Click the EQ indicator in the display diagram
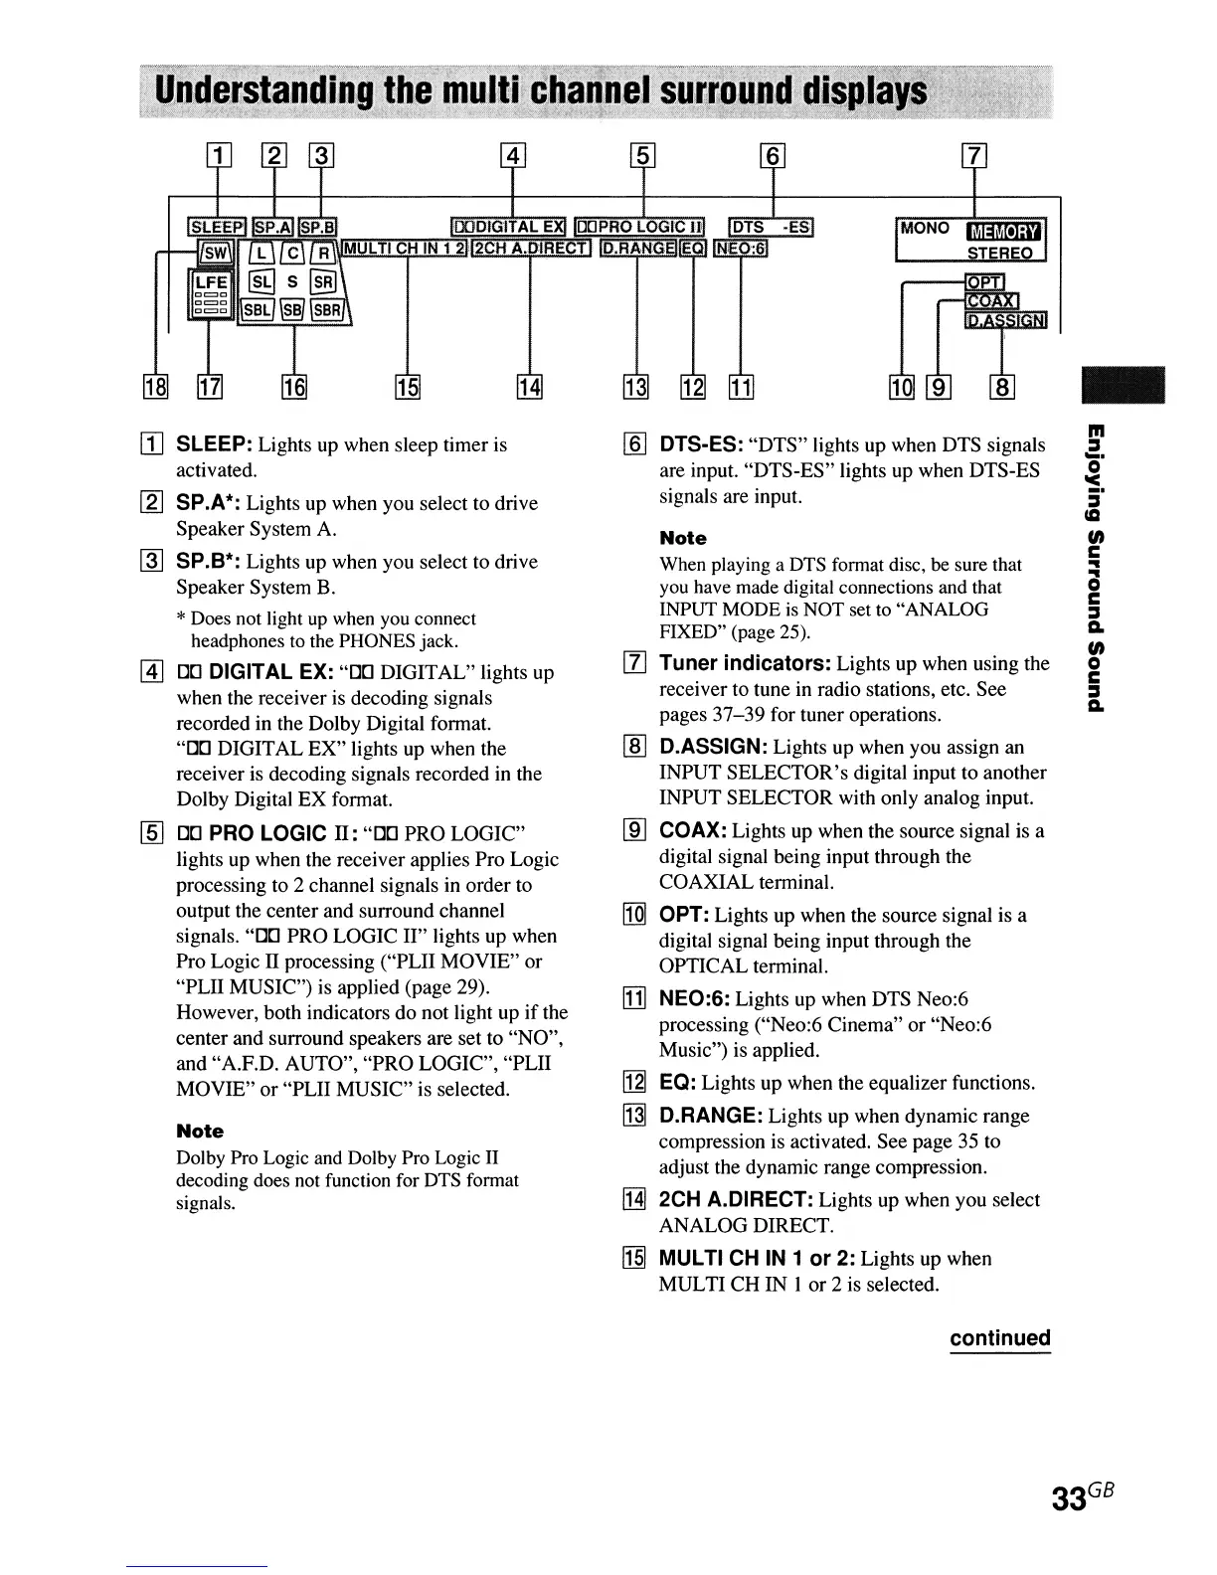pos(693,248)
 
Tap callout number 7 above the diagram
pos(973,155)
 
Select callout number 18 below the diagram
pos(158,386)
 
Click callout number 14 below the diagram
pos(529,386)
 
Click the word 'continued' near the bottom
pos(999,1337)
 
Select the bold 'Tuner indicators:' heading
pos(746,663)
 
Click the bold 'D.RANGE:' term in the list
pos(711,1116)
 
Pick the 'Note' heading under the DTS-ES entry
pos(683,538)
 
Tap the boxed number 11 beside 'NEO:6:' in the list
pos(632,999)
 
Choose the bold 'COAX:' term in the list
pos(693,830)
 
